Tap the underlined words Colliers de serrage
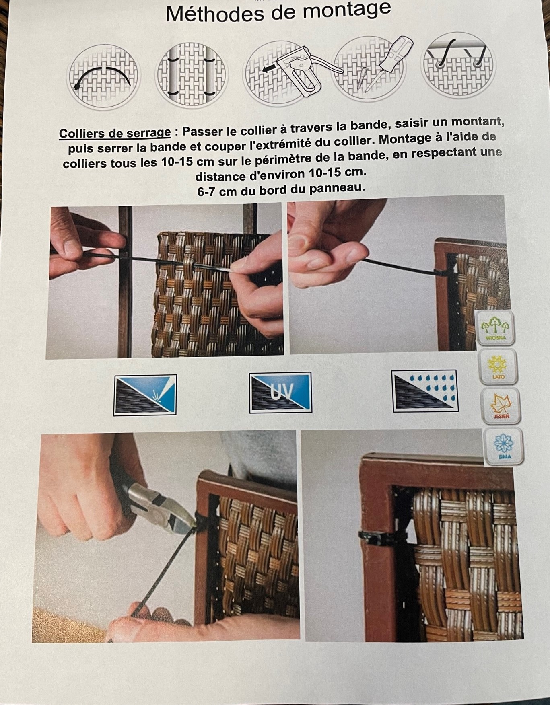(115, 133)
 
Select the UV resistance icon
(280, 393)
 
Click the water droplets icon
(425, 391)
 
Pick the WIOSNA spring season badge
(495, 328)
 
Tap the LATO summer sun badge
(498, 367)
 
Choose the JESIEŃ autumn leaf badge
(501, 406)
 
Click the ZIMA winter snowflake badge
(504, 446)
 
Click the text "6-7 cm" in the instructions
(216, 191)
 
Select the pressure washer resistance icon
(145, 395)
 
